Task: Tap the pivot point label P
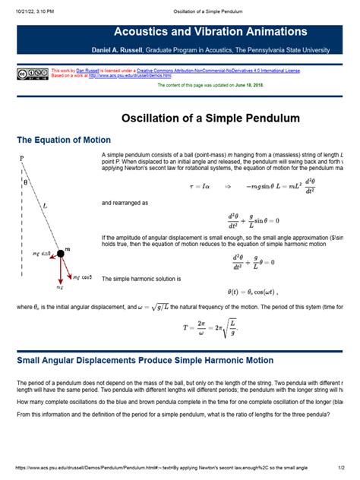[22, 159]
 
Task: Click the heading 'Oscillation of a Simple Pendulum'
[211, 118]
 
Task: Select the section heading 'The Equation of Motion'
[64, 141]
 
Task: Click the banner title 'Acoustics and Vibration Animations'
[210, 32]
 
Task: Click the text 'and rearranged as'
[125, 204]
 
